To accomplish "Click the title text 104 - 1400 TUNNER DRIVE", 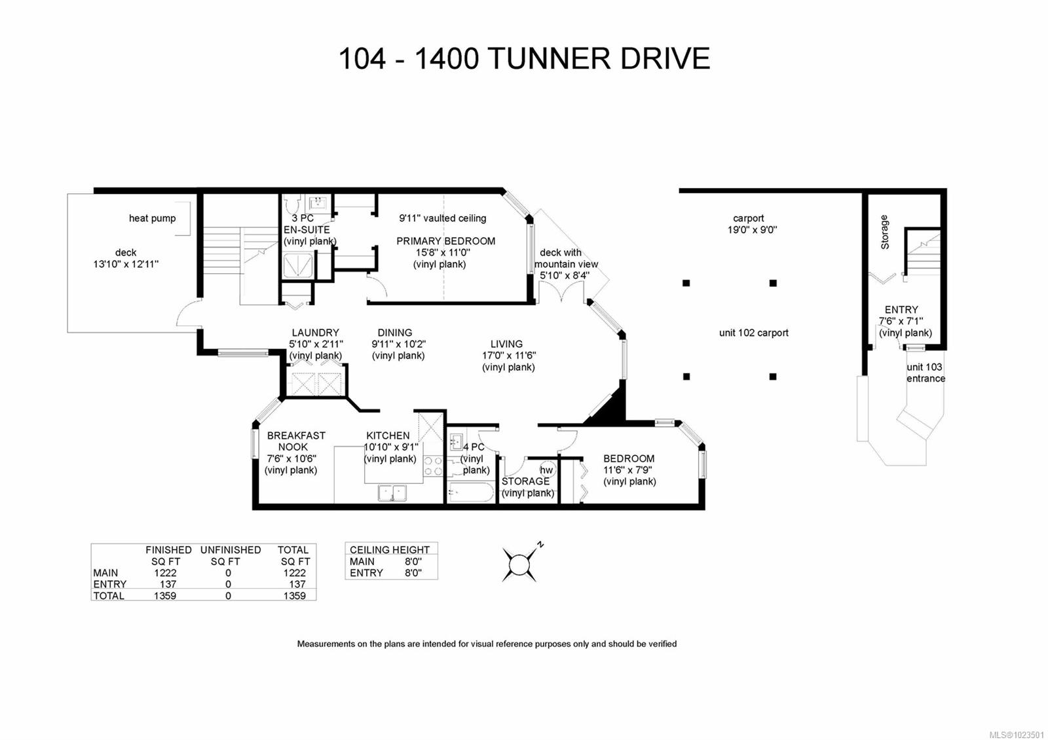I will coord(524,59).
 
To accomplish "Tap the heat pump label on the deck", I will coord(152,218).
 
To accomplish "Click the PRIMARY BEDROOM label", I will coord(445,241).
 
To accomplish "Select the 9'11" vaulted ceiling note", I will coord(443,218).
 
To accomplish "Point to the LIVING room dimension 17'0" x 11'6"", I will coord(509,356).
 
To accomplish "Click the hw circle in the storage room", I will coord(546,470).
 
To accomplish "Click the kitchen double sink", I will coord(392,492).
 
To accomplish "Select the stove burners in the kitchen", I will coord(433,466).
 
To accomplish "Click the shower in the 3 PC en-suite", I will coord(298,265).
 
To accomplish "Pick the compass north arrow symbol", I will coord(521,563).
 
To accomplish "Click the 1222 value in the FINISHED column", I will coord(165,573).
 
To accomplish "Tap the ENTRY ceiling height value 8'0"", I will coord(413,573).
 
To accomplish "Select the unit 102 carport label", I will coord(753,333).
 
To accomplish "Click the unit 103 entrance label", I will coord(925,373).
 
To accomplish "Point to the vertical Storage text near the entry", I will coord(884,232).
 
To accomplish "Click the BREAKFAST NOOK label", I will coord(296,441).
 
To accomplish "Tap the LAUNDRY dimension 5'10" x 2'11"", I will coord(316,344).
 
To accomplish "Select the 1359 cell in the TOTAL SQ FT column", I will coord(294,596).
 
